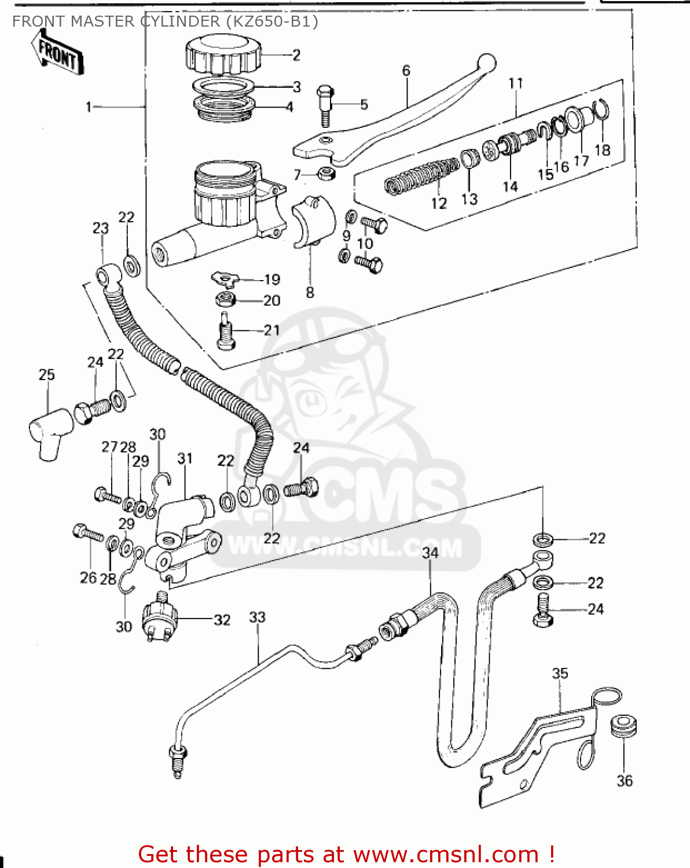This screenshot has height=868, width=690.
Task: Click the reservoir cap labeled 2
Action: pos(222,55)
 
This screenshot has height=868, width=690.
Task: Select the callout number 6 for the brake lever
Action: pos(406,71)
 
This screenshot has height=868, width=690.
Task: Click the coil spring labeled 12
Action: pos(421,176)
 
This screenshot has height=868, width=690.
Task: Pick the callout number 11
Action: pos(515,83)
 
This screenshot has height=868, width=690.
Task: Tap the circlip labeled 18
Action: pos(603,110)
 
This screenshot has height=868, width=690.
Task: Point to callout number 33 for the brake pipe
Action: pos(257,617)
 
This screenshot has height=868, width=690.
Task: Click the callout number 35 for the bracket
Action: pos(560,673)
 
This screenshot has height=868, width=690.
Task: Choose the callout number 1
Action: pos(89,107)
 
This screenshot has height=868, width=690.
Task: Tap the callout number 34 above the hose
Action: pos(430,553)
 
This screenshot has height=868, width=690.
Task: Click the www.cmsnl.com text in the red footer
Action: pos(446,855)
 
